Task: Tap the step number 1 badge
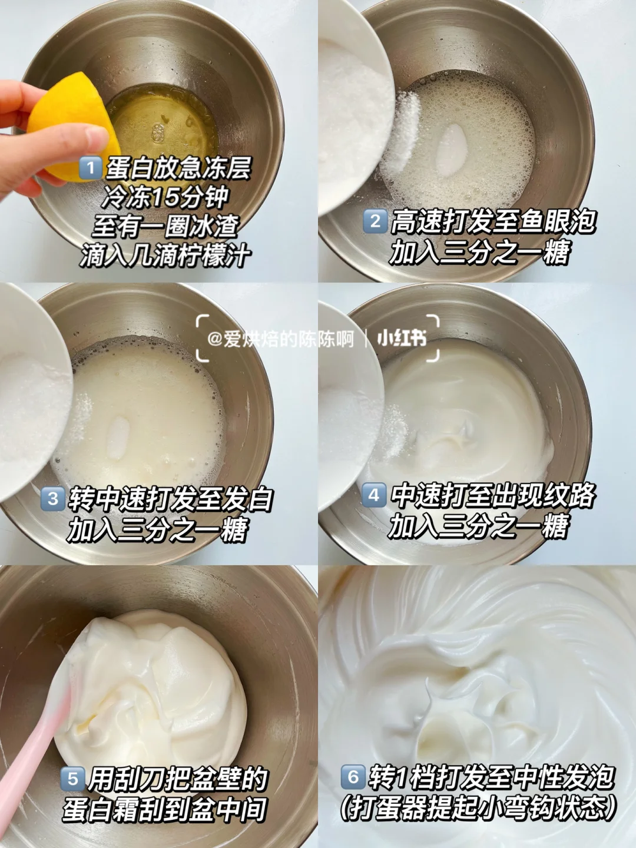coord(90,168)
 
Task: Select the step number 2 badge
coord(375,221)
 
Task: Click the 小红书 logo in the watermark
coord(402,339)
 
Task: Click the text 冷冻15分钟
coord(165,197)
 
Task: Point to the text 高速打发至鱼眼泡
coord(492,222)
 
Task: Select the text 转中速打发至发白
coord(171,499)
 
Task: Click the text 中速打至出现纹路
coord(492,495)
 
